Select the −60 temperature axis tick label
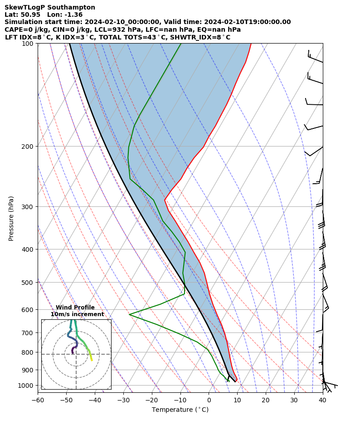[38, 400]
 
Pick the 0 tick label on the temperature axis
[209, 400]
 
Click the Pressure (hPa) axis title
[11, 218]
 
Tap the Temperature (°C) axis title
[180, 410]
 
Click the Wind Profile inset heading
[75, 308]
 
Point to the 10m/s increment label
[77, 314]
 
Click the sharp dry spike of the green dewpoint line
[130, 314]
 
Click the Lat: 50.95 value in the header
[22, 15]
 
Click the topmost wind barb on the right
[315, 58]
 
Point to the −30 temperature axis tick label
[123, 400]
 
